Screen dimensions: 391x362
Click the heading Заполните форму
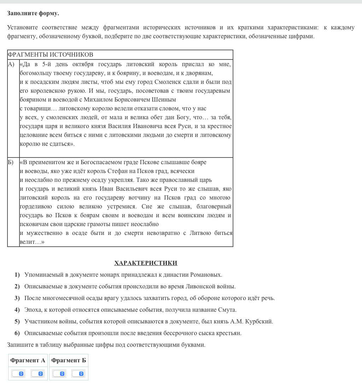(x=33, y=13)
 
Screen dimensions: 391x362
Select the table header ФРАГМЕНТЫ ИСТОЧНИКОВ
(x=51, y=54)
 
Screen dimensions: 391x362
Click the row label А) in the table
(x=11, y=64)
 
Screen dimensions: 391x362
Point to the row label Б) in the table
(x=11, y=162)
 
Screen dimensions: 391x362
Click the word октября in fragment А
(x=83, y=64)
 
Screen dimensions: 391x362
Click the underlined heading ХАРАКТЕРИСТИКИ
(x=146, y=263)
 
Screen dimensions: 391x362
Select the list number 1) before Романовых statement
(x=17, y=275)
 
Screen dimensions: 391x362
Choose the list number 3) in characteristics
(x=17, y=298)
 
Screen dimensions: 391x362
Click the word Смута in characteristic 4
(x=227, y=310)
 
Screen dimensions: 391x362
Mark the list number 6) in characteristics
(x=17, y=333)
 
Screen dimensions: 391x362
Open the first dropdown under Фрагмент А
(x=18, y=374)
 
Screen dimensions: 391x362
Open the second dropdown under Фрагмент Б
(x=78, y=374)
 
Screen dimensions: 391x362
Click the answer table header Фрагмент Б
(x=69, y=360)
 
